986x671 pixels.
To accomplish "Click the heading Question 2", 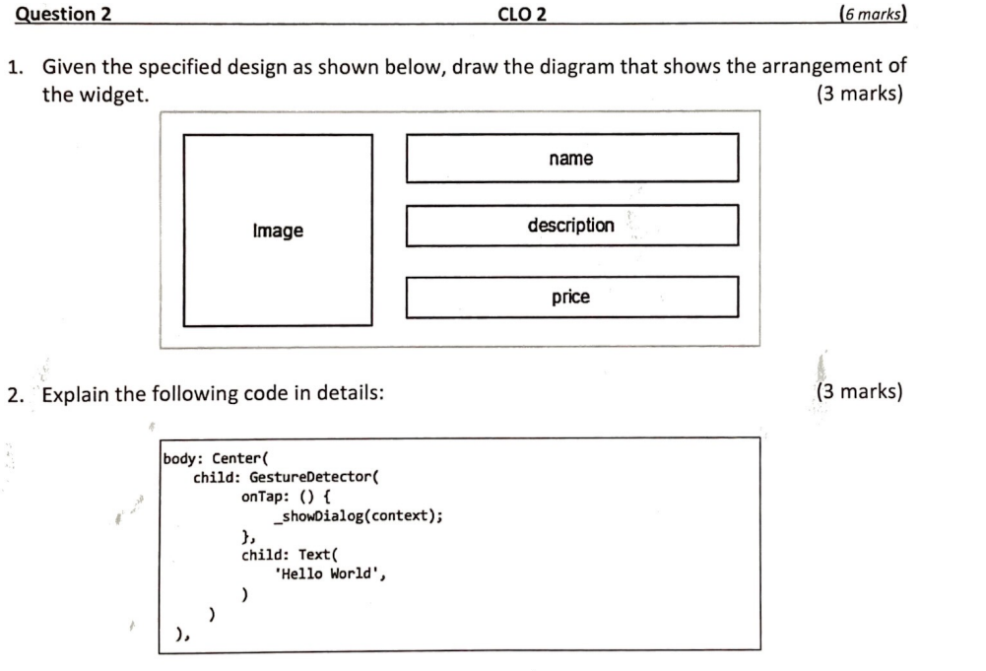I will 65,14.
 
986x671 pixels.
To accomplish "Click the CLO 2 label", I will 523,14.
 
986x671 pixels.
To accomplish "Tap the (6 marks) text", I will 871,14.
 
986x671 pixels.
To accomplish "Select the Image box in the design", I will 278,231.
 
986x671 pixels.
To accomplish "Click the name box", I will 571,159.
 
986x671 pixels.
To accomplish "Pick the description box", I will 571,226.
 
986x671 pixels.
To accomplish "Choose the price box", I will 571,297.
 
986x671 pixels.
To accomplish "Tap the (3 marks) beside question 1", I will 859,95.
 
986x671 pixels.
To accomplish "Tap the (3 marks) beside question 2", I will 859,392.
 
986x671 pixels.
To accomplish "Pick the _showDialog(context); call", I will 359,516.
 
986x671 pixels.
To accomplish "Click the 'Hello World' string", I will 329,574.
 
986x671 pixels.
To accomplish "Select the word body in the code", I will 181,458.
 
